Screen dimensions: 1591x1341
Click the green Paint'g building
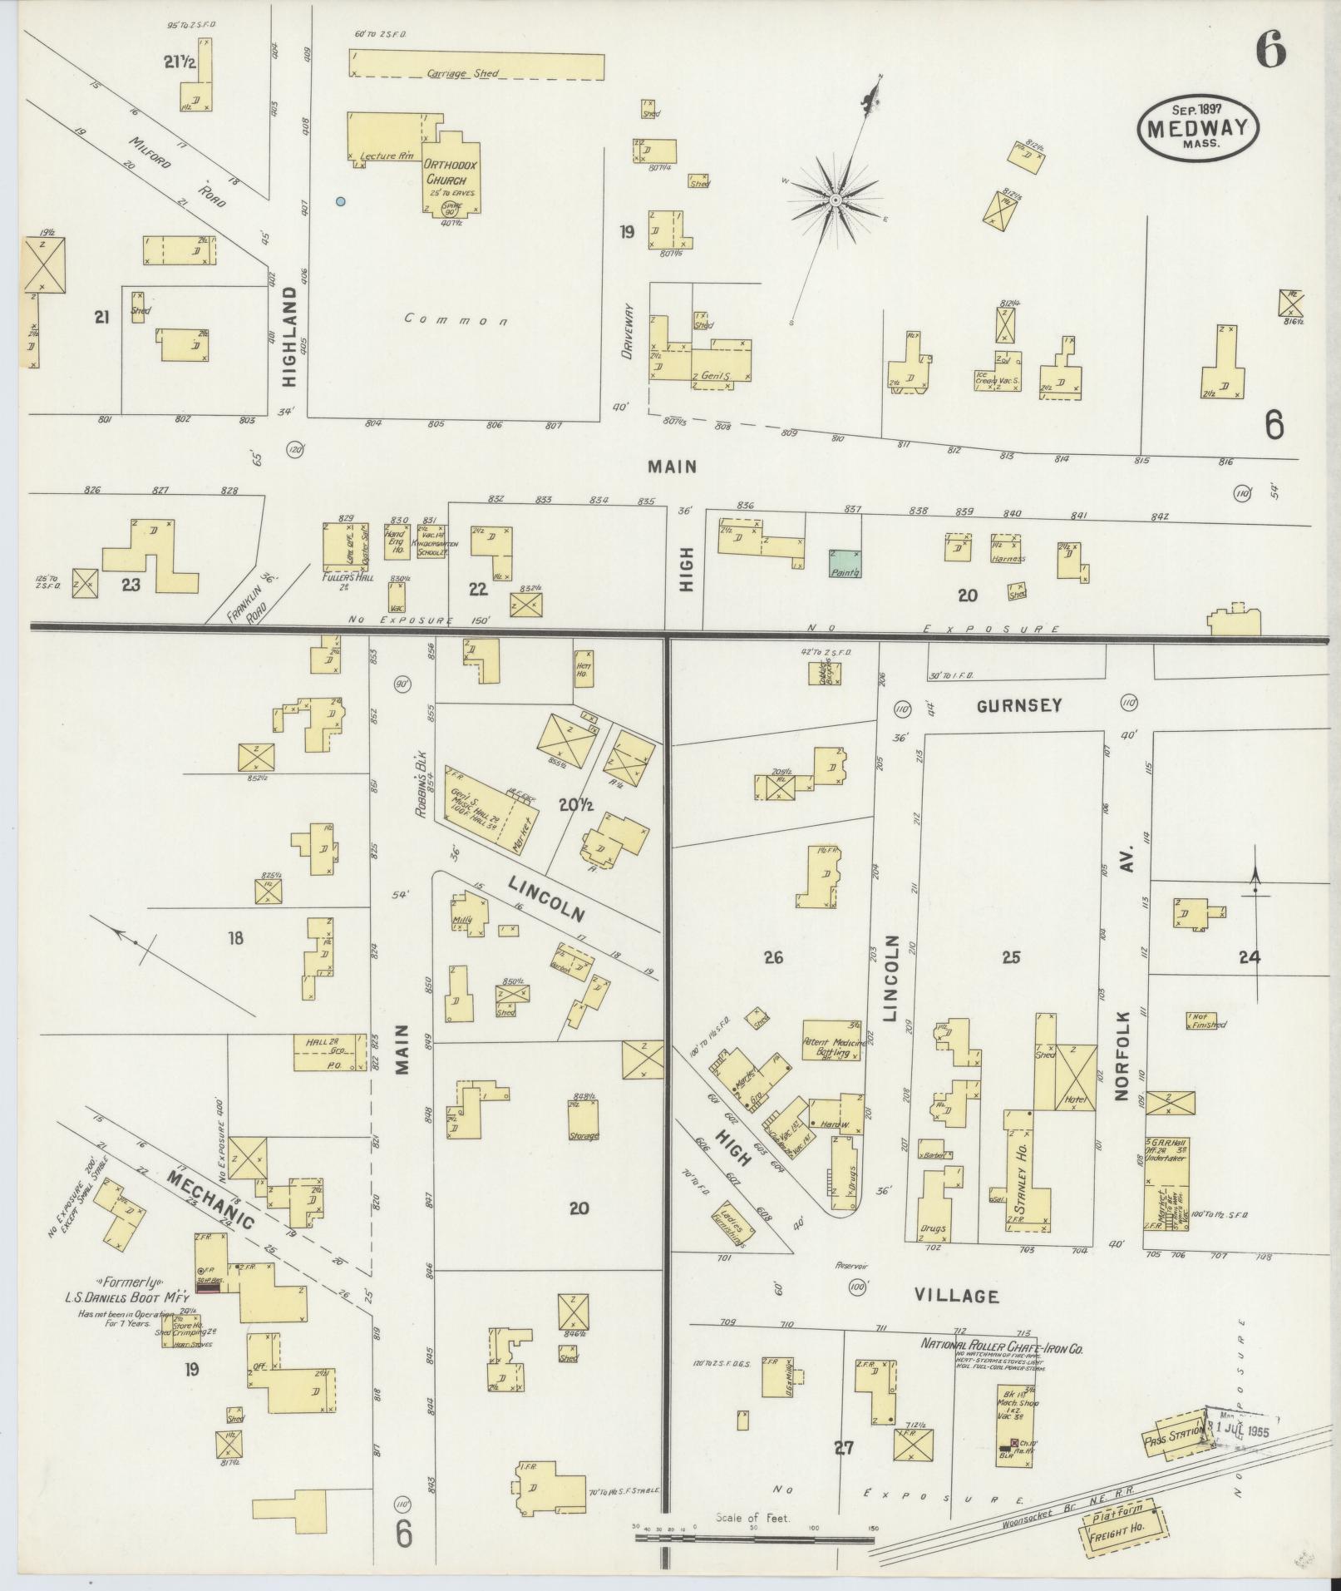[845, 563]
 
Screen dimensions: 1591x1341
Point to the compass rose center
[834, 200]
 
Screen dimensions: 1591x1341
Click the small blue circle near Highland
[340, 201]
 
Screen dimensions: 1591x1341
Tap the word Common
[456, 319]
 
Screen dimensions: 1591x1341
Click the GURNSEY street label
[1019, 706]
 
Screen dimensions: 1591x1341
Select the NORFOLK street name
[1123, 1055]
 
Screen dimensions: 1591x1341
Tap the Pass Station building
[1176, 1437]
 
